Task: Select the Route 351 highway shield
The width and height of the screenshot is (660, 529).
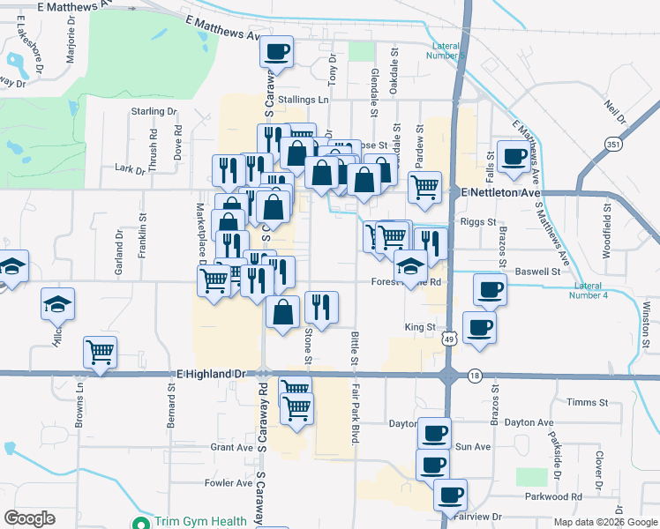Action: tap(611, 144)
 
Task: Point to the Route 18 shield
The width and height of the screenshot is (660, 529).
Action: tap(475, 375)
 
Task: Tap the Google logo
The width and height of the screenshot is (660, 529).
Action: tap(29, 518)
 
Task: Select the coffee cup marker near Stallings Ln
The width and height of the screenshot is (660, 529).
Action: tap(277, 52)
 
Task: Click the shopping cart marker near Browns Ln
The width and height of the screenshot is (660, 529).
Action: tap(101, 353)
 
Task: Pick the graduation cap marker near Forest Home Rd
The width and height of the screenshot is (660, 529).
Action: tap(410, 266)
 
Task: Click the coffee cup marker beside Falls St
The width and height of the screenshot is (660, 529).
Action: tap(513, 157)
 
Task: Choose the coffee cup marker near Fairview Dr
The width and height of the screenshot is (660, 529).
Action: tap(450, 495)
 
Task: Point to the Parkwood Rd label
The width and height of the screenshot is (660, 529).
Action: tap(565, 496)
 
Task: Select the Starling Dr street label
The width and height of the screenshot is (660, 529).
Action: tap(154, 112)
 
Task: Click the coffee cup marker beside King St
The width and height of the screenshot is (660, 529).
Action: tap(479, 327)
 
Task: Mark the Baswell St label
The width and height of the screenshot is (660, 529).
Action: tap(538, 272)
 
